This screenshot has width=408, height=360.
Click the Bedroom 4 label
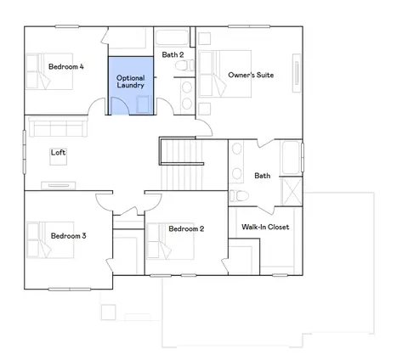66,67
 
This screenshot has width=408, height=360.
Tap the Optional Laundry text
131,82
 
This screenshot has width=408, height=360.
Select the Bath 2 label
173,54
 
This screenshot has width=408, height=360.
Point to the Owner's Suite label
251,75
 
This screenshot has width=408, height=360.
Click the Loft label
58,152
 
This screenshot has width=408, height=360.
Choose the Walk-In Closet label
265,227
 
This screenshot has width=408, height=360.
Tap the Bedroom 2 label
186,228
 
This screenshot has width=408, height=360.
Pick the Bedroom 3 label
68,236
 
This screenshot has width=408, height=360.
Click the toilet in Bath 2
184,65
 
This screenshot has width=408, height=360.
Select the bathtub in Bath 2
173,37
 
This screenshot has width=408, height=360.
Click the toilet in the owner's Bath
239,196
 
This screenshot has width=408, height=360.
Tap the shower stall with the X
292,191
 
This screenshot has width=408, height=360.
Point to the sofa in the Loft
58,127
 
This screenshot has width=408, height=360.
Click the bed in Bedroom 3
50,240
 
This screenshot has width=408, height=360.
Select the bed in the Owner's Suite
224,74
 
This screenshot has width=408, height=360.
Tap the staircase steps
181,165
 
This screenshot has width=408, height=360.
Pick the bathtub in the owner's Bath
291,158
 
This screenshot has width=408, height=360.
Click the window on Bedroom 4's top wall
67,26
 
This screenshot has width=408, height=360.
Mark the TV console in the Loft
59,185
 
